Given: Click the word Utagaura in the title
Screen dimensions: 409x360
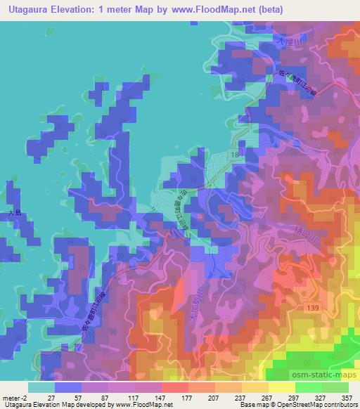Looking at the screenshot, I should coord(31,11).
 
